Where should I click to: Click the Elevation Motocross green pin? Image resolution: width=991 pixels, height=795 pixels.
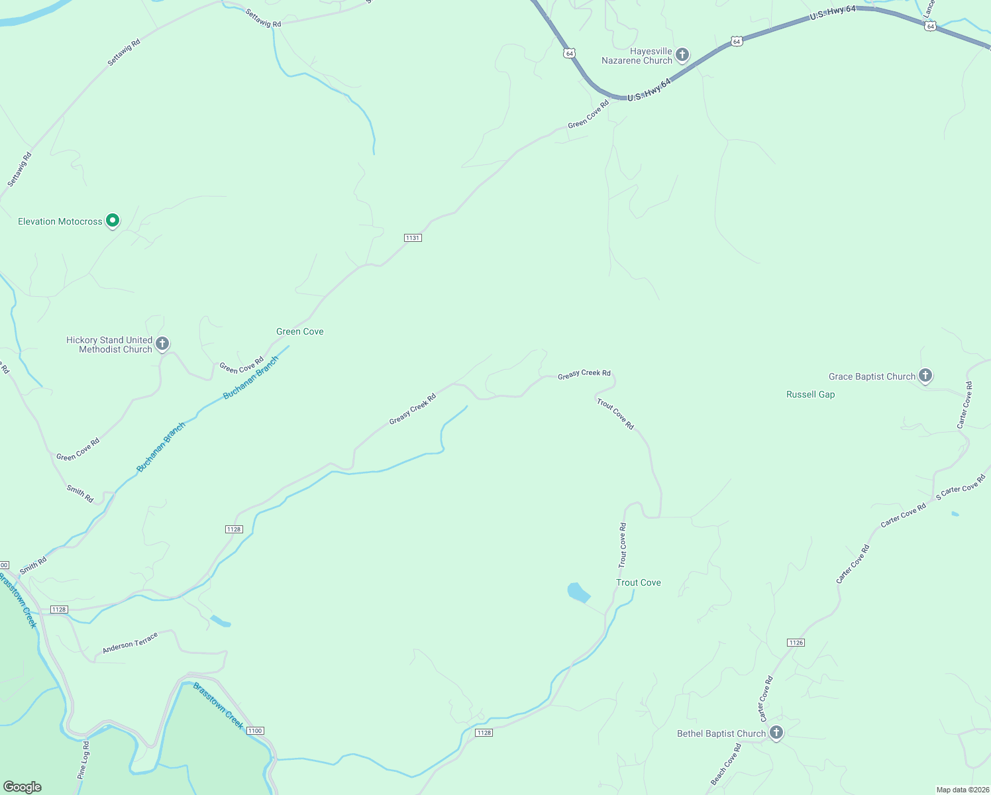point(113,220)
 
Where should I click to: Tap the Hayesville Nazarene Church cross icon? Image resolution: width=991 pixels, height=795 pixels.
point(682,55)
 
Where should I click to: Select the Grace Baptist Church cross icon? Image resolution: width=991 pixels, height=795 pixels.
point(925,376)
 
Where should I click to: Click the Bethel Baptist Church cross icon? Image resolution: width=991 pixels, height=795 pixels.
point(776,733)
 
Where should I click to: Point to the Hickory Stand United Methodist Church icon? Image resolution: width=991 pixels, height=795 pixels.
point(162,344)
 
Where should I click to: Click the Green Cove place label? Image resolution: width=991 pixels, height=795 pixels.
point(300,331)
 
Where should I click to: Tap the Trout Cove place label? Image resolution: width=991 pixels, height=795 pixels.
point(639,582)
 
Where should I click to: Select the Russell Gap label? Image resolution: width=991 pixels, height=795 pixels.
point(810,394)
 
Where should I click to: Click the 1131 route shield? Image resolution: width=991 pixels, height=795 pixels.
point(413,238)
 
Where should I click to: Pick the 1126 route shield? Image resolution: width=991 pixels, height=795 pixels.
point(796,643)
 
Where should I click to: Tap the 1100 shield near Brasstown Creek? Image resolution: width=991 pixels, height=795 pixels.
point(255,731)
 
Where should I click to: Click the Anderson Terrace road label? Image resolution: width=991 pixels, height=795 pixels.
point(130,643)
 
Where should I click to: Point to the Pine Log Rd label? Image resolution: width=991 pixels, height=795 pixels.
point(83,760)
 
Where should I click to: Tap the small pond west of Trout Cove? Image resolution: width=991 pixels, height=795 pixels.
point(578,592)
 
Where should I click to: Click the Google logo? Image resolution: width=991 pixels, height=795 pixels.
point(23,786)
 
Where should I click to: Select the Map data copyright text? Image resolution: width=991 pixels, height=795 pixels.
point(962,790)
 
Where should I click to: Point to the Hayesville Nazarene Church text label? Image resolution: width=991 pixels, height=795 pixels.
point(637,56)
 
